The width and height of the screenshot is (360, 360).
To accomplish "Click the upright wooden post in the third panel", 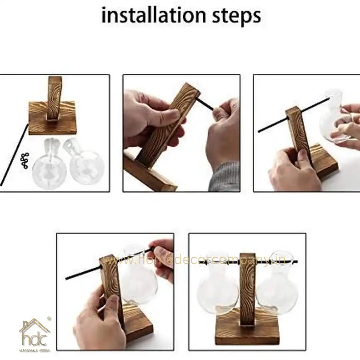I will pyautogui.click(x=299, y=137).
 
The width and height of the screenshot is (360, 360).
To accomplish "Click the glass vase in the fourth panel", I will pyautogui.click(x=138, y=280).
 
